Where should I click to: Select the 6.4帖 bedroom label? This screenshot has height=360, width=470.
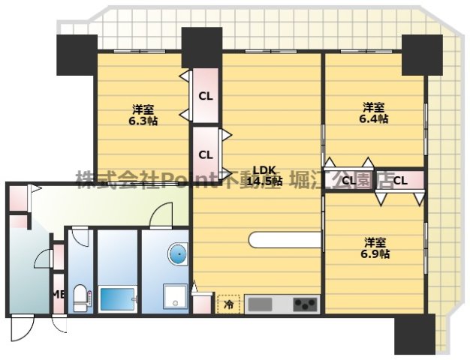pos(374,112)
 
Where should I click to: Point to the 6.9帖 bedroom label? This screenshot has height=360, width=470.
pos(375,248)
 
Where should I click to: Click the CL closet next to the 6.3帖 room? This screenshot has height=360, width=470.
pos(204,95)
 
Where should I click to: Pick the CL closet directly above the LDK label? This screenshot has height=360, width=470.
pos(205,154)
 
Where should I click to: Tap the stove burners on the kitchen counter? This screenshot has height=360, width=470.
pos(305,304)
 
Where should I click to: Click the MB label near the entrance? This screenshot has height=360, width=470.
pos(57,295)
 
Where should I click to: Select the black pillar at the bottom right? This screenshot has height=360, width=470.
pos(414,333)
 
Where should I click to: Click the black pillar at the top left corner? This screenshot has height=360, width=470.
pos(76,55)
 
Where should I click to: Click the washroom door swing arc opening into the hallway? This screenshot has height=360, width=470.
pos(161,214)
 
